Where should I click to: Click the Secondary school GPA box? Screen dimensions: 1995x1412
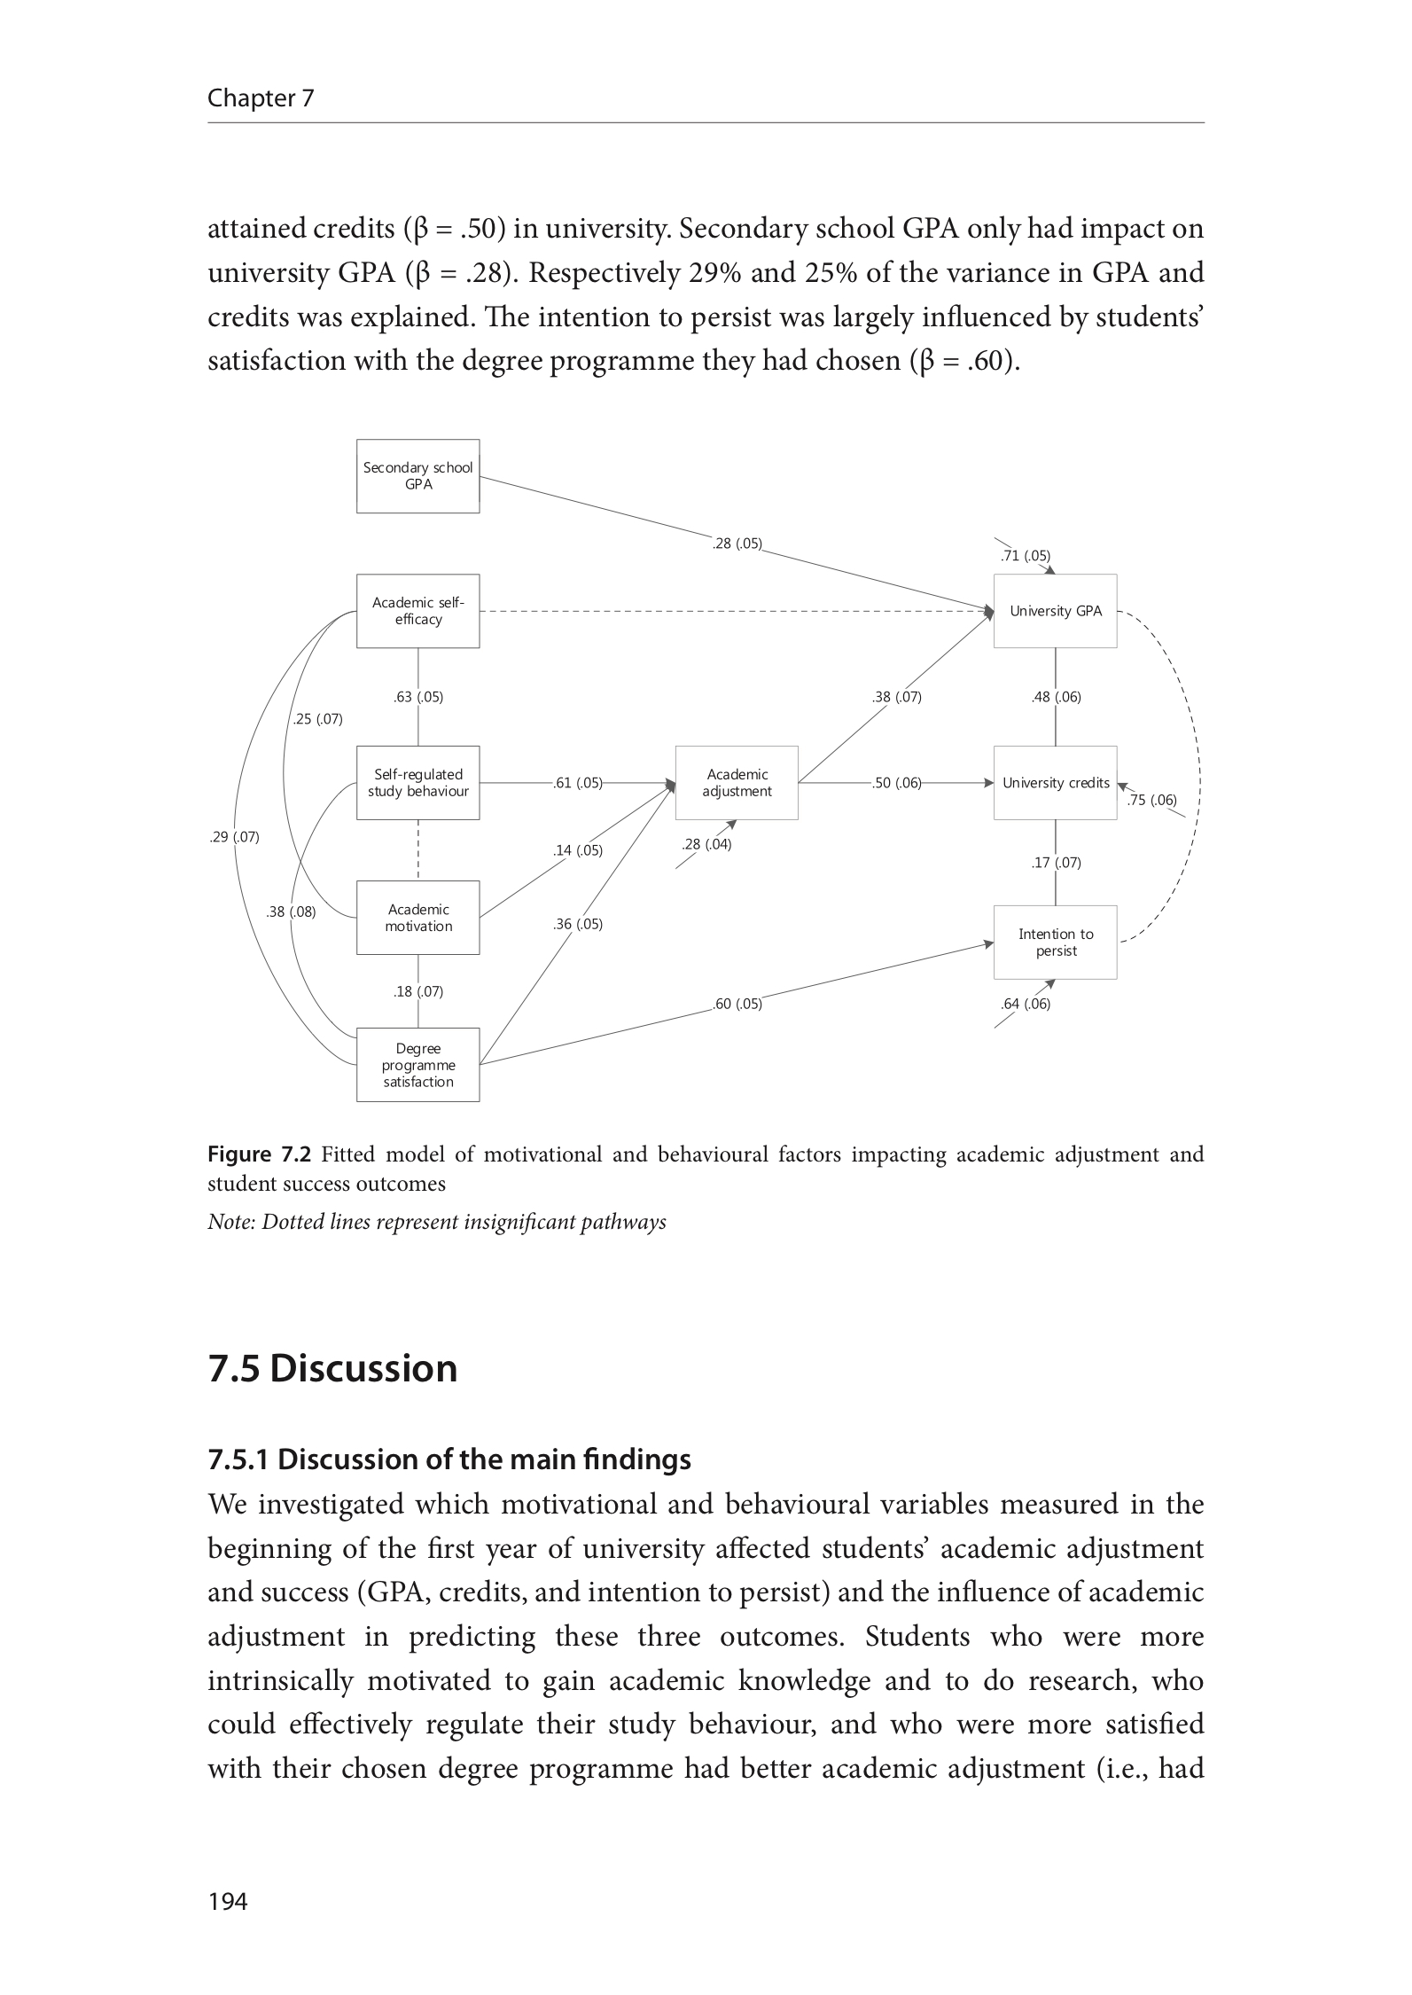click(x=417, y=476)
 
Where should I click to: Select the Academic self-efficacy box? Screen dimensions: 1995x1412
click(x=417, y=611)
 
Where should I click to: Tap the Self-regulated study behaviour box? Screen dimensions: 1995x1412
click(x=417, y=783)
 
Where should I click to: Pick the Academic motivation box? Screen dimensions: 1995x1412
click(x=417, y=918)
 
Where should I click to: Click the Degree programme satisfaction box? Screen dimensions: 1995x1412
click(x=417, y=1065)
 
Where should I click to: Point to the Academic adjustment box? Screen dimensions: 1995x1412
click(x=737, y=783)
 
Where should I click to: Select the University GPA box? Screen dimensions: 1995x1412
click(x=1055, y=611)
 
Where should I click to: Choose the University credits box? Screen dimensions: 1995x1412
click(x=1055, y=783)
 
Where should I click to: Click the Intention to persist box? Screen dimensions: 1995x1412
click(x=1055, y=943)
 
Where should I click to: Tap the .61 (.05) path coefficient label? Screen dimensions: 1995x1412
click(x=577, y=783)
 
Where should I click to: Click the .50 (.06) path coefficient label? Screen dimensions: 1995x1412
click(x=896, y=783)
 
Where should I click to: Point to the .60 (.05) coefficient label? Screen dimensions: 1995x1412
click(x=737, y=1005)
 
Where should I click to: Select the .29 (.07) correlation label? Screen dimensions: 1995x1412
click(x=235, y=837)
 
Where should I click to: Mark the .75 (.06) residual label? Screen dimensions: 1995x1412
click(x=1151, y=801)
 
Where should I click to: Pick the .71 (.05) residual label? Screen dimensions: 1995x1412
click(x=1025, y=556)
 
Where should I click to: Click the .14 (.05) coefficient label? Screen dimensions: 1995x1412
click(x=577, y=851)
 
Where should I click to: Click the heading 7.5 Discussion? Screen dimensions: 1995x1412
click(x=332, y=1368)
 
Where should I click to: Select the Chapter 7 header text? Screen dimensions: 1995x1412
click(x=261, y=98)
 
